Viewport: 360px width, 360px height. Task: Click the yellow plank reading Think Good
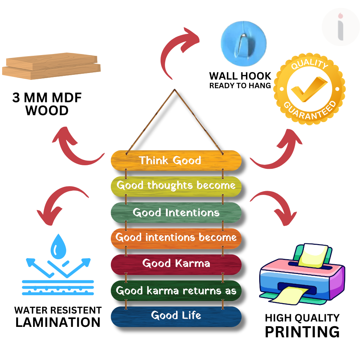[x=176, y=160]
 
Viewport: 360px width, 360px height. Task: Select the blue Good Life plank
[x=176, y=316]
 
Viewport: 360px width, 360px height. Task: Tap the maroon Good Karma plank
[x=176, y=264]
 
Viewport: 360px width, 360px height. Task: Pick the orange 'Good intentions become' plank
[x=176, y=238]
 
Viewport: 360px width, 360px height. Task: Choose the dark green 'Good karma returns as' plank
[x=176, y=290]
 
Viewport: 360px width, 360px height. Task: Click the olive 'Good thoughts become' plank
[x=176, y=186]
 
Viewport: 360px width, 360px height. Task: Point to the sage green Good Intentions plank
[x=176, y=212]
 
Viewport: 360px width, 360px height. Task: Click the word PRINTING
[x=302, y=332]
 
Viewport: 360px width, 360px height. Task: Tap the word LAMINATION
[x=58, y=322]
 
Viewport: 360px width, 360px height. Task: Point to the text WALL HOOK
[x=240, y=76]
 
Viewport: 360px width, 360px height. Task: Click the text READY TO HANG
[x=240, y=86]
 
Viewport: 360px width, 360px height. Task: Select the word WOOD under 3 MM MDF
[x=47, y=111]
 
